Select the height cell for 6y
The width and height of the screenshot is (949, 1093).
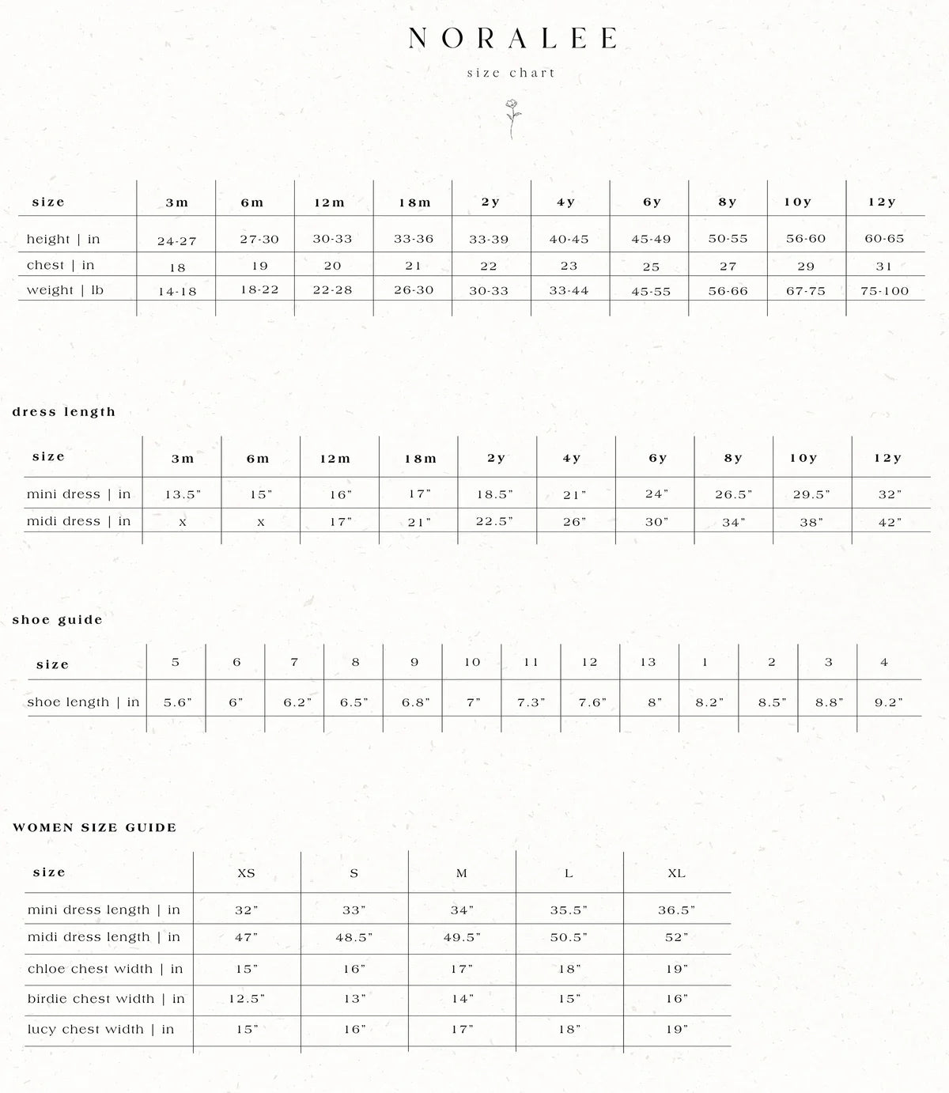point(651,239)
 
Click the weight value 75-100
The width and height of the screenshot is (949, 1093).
point(884,291)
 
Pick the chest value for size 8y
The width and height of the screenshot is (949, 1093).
point(728,267)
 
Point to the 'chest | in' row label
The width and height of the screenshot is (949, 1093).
point(60,265)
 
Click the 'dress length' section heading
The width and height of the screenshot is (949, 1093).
point(64,412)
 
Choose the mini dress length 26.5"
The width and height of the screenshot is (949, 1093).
point(734,495)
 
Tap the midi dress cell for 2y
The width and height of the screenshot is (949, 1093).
point(495,522)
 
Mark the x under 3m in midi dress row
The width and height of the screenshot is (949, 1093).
point(182,523)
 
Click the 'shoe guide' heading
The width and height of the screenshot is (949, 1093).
point(58,620)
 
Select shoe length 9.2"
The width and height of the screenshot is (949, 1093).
point(888,702)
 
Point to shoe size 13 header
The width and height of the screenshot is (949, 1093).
point(648,663)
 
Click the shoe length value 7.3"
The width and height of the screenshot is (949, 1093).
point(531,702)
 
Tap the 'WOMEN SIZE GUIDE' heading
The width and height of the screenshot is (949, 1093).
point(95,828)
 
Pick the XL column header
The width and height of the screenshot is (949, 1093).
point(676,873)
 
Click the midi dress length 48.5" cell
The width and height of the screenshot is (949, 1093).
point(354,938)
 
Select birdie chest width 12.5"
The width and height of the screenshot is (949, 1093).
point(247,999)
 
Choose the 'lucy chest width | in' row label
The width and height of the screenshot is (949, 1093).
point(100,1029)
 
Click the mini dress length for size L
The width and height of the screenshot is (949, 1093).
point(569,910)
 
